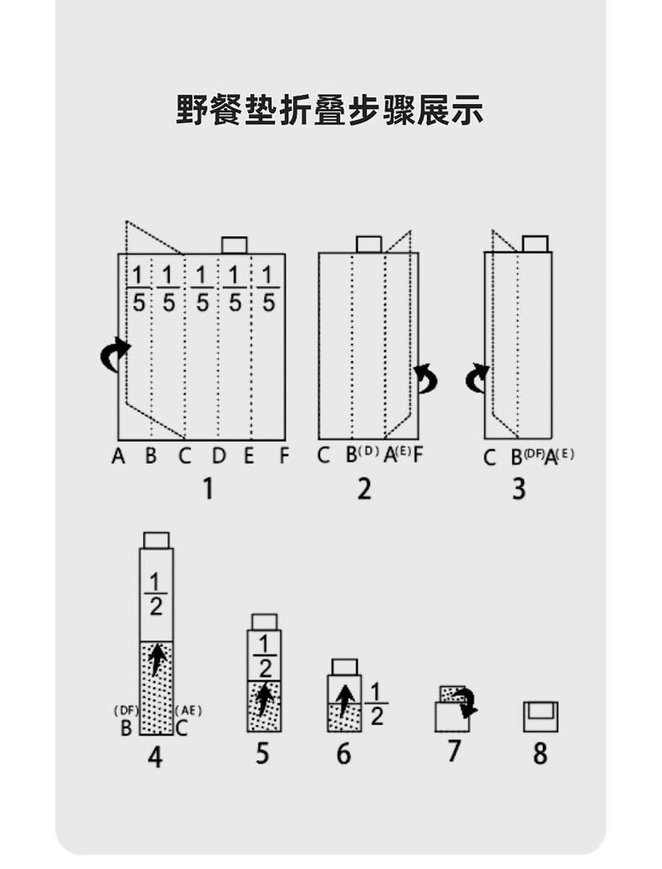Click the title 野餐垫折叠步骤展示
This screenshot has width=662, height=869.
pos(329,110)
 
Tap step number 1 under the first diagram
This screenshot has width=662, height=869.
pos(208,488)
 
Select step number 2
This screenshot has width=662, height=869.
pos(364,488)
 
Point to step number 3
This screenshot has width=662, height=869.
pos(519,488)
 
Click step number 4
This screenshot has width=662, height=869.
pos(155,757)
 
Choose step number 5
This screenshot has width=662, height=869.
pos(262,753)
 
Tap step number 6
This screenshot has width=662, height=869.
pos(344,753)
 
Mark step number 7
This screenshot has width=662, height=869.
pos(453,751)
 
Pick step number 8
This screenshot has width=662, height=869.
pos(540,753)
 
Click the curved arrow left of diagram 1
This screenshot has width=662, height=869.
pos(115,354)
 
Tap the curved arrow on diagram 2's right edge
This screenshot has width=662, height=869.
pos(427,378)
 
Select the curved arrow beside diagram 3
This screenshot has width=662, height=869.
pos(477,378)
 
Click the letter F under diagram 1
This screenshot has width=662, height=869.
pos(284,457)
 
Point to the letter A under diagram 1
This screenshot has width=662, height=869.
pos(118,457)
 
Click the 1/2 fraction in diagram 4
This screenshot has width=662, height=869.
pos(155,595)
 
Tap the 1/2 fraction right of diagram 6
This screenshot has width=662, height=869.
pos(376,704)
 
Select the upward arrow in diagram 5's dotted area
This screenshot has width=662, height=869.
pos(264,700)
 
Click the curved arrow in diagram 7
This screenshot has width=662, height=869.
pos(466,701)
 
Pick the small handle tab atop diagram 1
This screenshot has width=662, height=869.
pos(234,245)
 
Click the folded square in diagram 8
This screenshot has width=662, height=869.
pos(540,716)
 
